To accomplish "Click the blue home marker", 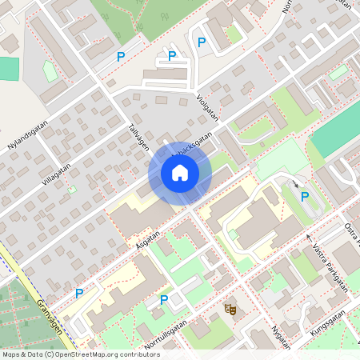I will pyautogui.click(x=179, y=173).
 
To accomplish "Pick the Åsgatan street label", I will pyautogui.click(x=149, y=239).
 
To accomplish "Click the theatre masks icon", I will pyautogui.click(x=231, y=309).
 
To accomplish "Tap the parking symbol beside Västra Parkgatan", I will pyautogui.click(x=304, y=196).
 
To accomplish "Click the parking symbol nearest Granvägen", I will pyautogui.click(x=79, y=294).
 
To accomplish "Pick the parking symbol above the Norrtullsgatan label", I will pyautogui.click(x=164, y=300).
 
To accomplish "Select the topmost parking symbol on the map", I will pyautogui.click(x=202, y=42).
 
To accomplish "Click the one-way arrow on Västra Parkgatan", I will pyautogui.click(x=309, y=238).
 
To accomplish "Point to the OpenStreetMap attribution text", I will pyautogui.click(x=81, y=354).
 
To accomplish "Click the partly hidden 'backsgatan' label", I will pyautogui.click(x=196, y=150).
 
